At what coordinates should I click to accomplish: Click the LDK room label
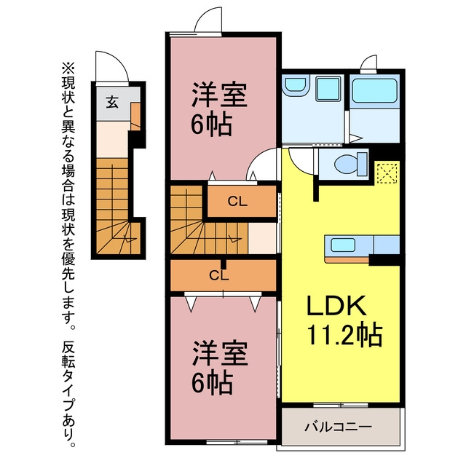point(336,306)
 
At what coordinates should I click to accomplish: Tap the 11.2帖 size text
point(344,335)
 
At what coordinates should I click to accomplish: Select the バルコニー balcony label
point(338,427)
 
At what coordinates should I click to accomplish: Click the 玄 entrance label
point(112,102)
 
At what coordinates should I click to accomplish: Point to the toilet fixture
point(351,164)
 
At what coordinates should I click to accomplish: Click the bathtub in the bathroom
point(374,90)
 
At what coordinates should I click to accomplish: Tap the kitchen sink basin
point(343,245)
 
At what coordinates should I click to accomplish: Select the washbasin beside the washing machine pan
point(296,86)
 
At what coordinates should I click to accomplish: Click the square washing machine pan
point(328,88)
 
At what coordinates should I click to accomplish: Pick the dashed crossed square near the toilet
point(387,173)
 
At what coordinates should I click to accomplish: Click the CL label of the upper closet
point(237,202)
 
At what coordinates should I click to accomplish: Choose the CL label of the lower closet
point(218,275)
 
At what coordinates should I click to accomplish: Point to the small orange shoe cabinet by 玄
point(135,116)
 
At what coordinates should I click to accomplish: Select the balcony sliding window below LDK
point(341,405)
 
